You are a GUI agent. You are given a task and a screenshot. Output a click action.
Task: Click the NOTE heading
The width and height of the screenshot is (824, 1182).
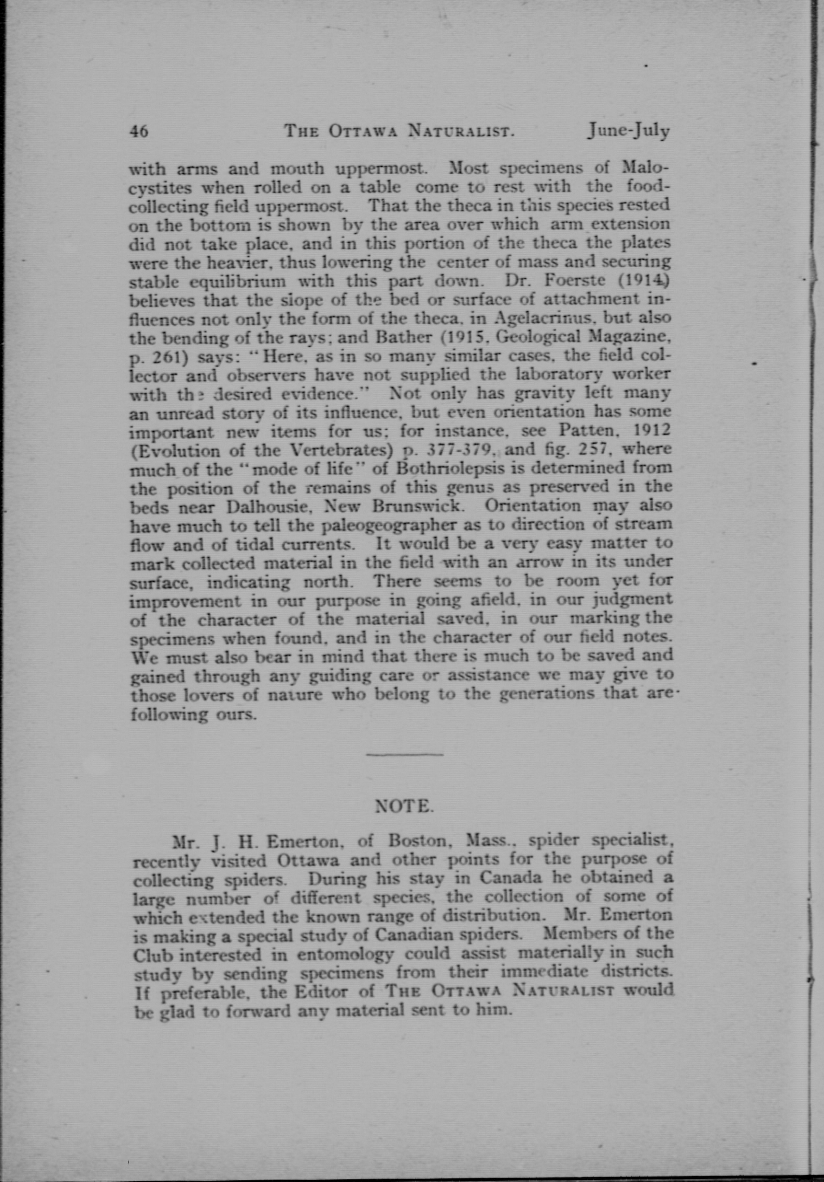[405, 806]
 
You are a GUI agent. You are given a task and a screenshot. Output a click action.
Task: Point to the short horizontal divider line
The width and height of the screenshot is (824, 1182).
[405, 755]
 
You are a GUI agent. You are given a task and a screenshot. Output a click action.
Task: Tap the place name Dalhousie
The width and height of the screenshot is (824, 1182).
[268, 506]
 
